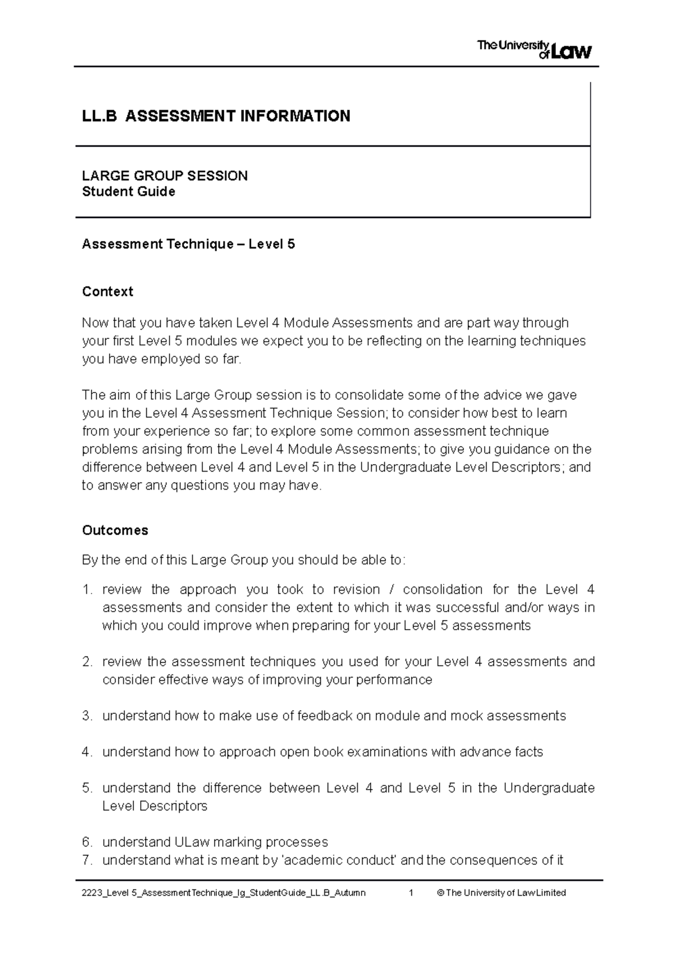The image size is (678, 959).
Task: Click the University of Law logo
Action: pos(534,50)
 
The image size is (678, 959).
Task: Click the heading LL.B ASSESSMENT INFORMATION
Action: pos(216,116)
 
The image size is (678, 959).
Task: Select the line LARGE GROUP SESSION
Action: pos(164,176)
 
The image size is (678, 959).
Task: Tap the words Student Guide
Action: pos(128,192)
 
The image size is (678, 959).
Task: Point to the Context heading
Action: pos(107,291)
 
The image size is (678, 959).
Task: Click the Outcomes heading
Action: pos(115,530)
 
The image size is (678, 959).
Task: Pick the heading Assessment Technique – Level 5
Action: pos(188,244)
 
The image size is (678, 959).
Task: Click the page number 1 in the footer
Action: pos(411,893)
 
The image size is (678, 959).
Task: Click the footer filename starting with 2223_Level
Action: pos(223,893)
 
